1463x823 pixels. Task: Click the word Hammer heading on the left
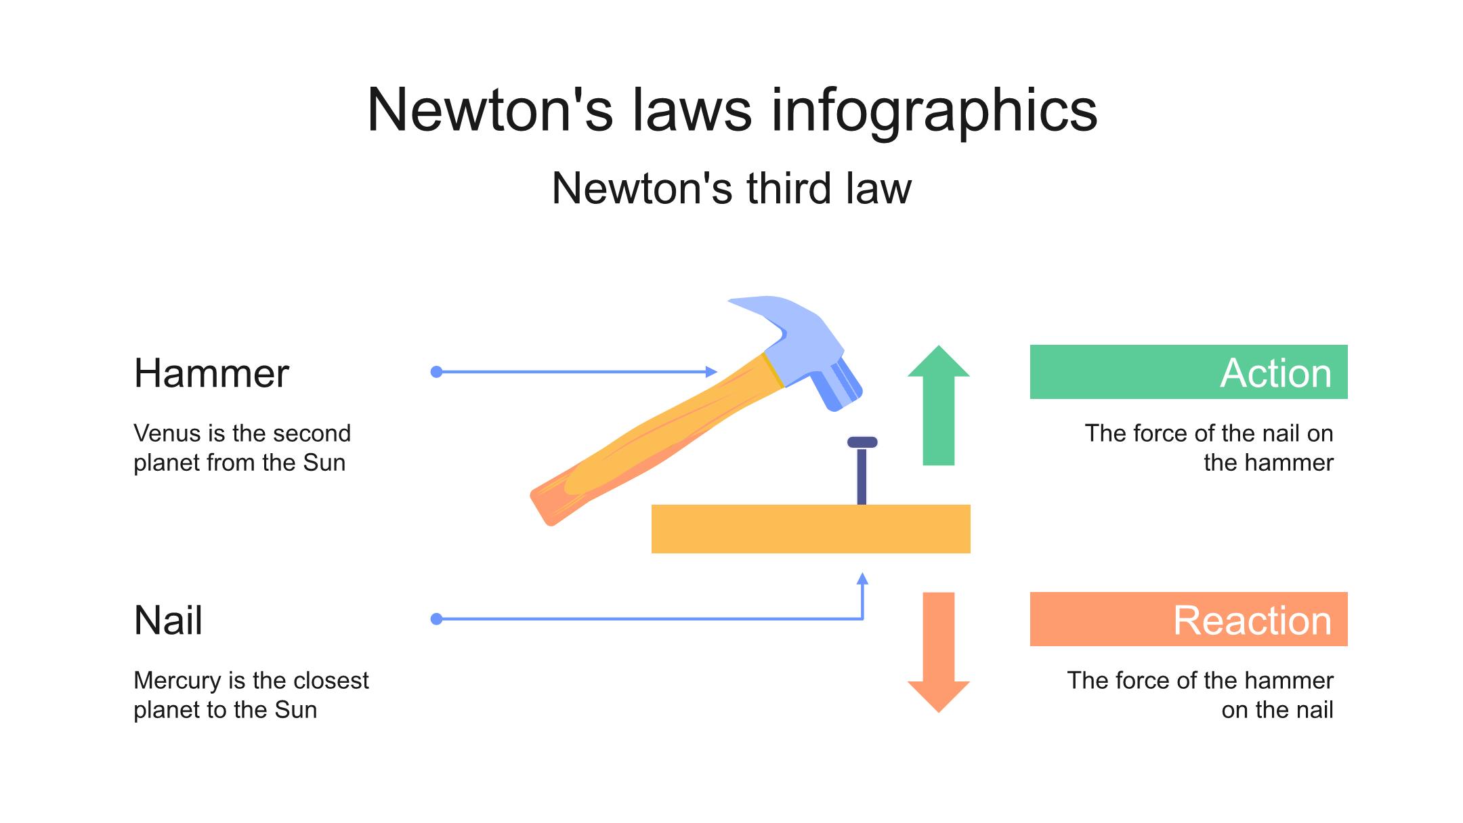(211, 373)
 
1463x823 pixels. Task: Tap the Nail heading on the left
(168, 620)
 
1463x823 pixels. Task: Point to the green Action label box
(1188, 372)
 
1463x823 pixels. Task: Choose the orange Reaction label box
(1188, 619)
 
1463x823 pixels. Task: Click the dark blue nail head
(862, 442)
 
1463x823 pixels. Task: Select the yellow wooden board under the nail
(810, 529)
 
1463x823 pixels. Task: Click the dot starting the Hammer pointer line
(437, 372)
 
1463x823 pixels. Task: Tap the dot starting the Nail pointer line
(437, 619)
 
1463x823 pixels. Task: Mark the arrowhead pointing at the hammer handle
(711, 372)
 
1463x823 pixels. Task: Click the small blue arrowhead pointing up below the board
(862, 579)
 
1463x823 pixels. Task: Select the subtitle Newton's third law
(731, 188)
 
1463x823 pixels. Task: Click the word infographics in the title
(934, 110)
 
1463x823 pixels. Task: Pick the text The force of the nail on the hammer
(1209, 448)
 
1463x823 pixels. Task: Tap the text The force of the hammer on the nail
(1200, 695)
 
